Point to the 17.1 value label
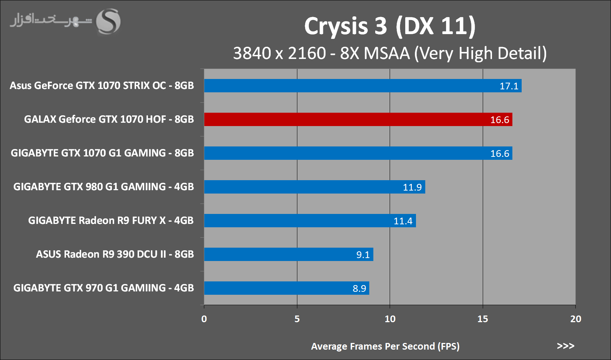(x=509, y=86)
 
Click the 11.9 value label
(x=412, y=187)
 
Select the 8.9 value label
(x=359, y=288)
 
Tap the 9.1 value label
(x=363, y=255)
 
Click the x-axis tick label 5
(x=297, y=319)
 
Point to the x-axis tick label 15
(x=483, y=319)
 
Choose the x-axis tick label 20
(x=575, y=319)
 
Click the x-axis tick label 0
(x=204, y=319)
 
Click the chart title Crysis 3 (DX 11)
(x=390, y=26)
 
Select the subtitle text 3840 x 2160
(x=279, y=53)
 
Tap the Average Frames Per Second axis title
(x=385, y=346)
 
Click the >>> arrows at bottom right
(x=565, y=346)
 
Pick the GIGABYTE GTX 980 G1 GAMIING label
(x=103, y=186)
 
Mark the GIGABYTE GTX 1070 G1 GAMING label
(x=102, y=153)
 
